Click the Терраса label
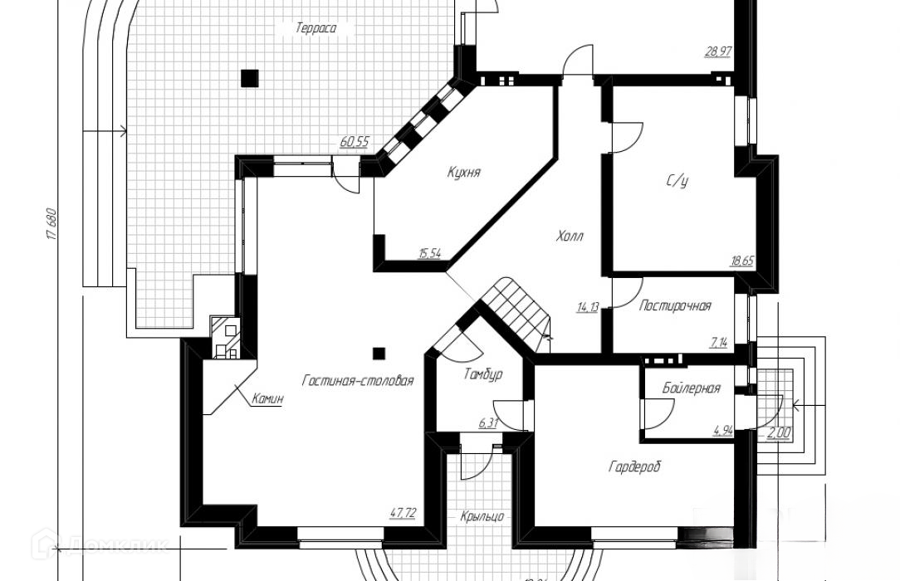[315, 28]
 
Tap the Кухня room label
[463, 173]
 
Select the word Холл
[570, 236]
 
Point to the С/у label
[677, 180]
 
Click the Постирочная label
[675, 306]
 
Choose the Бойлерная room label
[691, 388]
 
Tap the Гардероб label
[633, 467]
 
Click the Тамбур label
[482, 374]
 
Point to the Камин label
[267, 399]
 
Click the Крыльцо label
[482, 516]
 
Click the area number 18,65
[741, 260]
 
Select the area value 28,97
[717, 51]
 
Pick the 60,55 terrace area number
[354, 142]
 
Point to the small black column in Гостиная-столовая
[379, 353]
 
